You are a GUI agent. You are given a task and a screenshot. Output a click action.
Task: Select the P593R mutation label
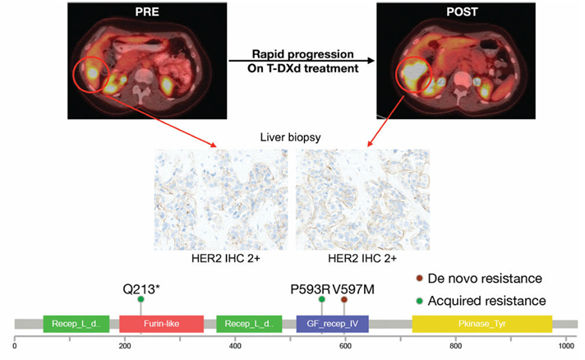[310, 288]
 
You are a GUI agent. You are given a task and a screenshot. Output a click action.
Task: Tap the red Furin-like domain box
[162, 324]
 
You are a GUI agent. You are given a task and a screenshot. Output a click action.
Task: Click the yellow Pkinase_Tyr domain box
[482, 324]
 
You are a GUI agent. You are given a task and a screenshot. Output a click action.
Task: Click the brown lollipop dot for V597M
[344, 299]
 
